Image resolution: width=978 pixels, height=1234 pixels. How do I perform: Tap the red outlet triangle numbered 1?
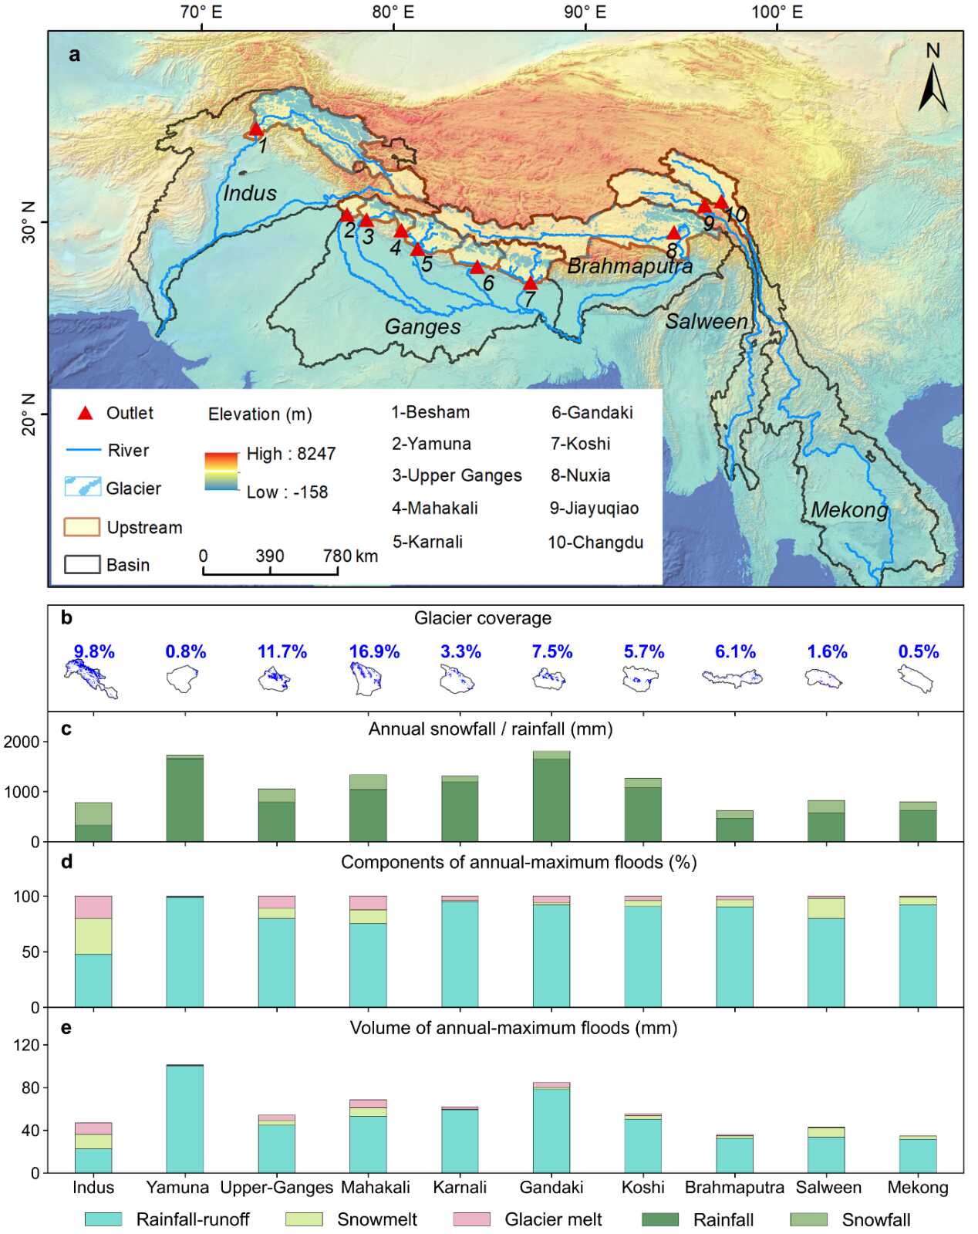pyautogui.click(x=256, y=129)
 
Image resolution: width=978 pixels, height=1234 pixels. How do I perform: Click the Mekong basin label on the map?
pyautogui.click(x=849, y=509)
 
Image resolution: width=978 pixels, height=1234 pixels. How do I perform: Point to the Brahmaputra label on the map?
pyautogui.click(x=629, y=266)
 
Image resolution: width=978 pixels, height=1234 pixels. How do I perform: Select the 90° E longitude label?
pyautogui.click(x=585, y=12)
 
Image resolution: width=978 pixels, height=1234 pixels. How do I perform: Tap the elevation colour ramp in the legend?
pyautogui.click(x=221, y=472)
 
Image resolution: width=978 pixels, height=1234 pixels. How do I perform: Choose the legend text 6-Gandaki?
pyautogui.click(x=592, y=412)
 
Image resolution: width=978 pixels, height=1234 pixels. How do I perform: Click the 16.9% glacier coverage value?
pyautogui.click(x=374, y=651)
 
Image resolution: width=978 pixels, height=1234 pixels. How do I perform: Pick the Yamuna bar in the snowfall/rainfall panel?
pyautogui.click(x=185, y=799)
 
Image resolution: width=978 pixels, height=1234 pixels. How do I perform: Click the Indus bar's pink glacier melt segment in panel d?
pyautogui.click(x=93, y=907)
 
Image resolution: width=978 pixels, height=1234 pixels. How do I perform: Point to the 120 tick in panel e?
pyautogui.click(x=29, y=1045)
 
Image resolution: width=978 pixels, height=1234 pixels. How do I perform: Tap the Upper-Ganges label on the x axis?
pyautogui.click(x=277, y=1187)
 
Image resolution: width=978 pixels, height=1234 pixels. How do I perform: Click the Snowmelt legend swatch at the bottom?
pyautogui.click(x=304, y=1219)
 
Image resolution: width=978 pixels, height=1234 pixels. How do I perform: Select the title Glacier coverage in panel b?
pyautogui.click(x=483, y=618)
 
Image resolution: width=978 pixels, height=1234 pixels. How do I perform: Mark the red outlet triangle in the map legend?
pyautogui.click(x=86, y=414)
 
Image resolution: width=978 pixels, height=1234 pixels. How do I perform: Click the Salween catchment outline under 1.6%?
pyautogui.click(x=823, y=678)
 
